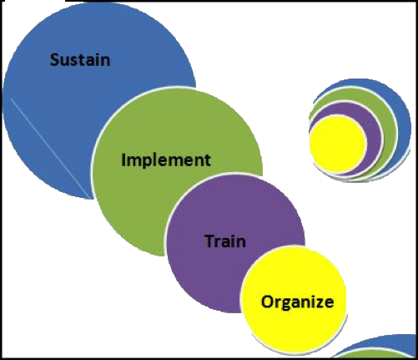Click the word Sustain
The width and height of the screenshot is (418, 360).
point(80,60)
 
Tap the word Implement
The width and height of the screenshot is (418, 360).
point(166,160)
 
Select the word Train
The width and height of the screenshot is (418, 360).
point(225,241)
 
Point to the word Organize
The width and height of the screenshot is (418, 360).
point(297,302)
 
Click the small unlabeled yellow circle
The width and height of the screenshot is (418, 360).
point(337,145)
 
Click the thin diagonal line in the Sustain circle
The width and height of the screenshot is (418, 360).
point(52,149)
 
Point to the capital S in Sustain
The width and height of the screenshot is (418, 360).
point(54,60)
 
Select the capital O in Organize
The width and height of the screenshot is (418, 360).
point(267,302)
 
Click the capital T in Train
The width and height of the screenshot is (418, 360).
point(210,241)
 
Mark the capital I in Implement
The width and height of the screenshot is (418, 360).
point(123,160)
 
